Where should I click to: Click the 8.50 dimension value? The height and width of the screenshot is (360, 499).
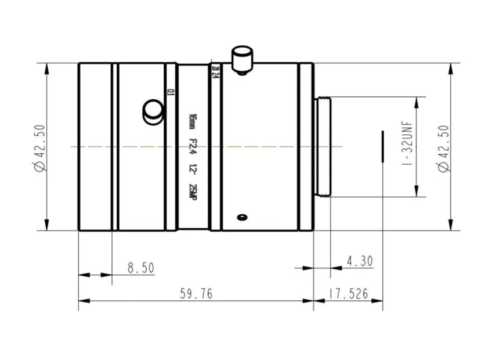coord(140,268)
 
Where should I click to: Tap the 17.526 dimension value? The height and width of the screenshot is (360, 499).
coord(348,294)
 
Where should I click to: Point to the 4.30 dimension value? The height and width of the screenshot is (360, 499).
coord(360,261)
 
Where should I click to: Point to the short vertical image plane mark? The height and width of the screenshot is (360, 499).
coord(382,146)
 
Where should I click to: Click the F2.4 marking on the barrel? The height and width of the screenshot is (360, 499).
coord(192,146)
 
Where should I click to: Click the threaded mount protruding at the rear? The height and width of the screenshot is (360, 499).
coord(322,147)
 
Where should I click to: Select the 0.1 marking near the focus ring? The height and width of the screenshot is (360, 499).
coord(169,91)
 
